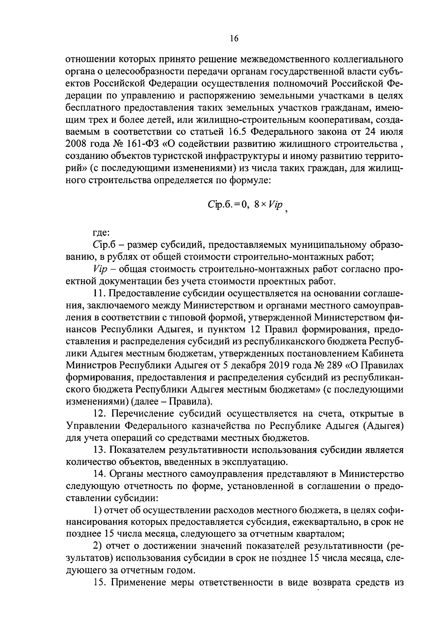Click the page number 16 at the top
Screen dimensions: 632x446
(x=234, y=39)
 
